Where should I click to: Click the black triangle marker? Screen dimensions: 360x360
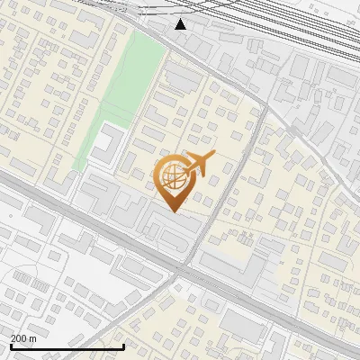point(181,23)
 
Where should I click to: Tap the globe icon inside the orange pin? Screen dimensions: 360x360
point(174,180)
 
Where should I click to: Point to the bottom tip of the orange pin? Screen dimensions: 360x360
point(174,212)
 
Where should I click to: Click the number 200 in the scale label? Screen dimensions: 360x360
point(18,338)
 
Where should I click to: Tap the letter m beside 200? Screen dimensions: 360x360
point(34,338)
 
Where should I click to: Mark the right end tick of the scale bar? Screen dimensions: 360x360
point(123,346)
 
